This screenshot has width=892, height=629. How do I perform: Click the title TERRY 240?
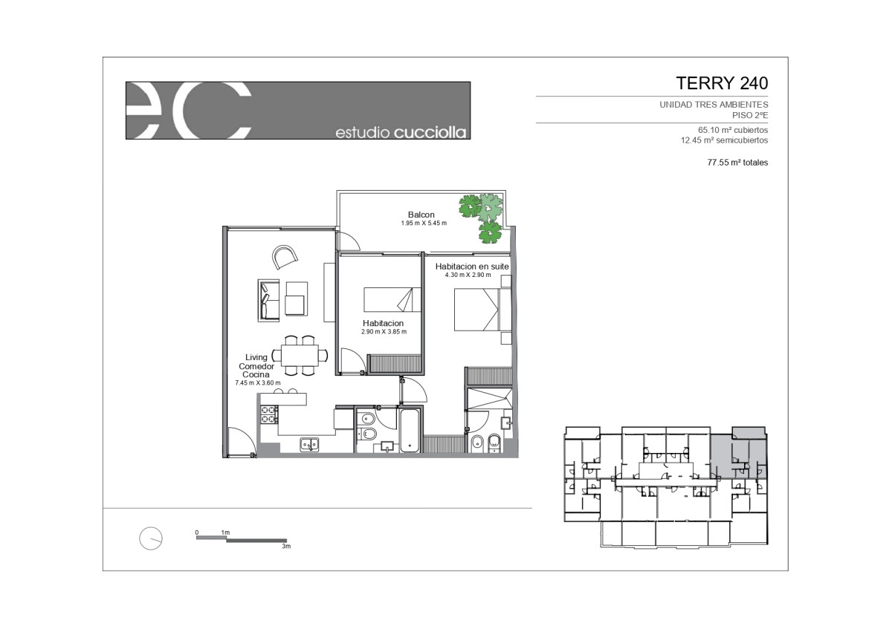coord(722,83)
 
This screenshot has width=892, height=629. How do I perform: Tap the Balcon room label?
coord(421,215)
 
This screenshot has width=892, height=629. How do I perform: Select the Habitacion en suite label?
coord(472,266)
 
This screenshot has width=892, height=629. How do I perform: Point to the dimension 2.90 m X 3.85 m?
coord(384,331)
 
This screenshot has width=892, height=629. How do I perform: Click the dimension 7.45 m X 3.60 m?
coord(258,382)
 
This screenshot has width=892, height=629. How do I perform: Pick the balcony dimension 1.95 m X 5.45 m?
coord(424,224)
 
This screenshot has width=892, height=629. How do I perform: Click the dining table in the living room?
coord(300,355)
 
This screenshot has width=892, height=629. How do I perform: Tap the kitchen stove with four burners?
coord(269,414)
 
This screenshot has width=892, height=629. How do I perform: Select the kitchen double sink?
coord(309,445)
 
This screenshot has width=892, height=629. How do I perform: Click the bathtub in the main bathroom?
coord(410,431)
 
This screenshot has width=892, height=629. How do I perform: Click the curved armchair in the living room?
coord(285,257)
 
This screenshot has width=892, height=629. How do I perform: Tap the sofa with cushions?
coord(268,300)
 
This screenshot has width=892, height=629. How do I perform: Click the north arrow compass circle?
coord(151,538)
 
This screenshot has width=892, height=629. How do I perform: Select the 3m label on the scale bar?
coord(286,547)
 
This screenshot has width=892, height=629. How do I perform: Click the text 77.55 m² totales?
coord(737,163)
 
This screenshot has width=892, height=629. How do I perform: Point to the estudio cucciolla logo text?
coord(401,132)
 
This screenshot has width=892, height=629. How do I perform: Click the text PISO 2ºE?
coord(750,115)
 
